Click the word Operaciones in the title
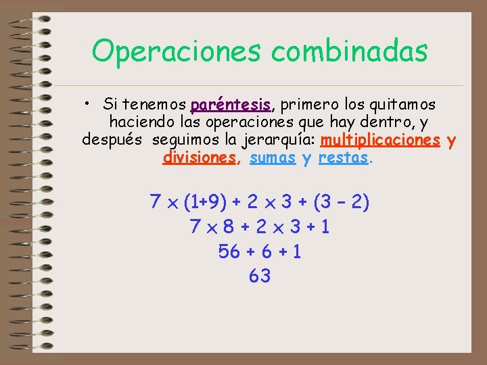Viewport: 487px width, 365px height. click(173, 51)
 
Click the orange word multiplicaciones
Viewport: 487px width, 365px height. click(381, 141)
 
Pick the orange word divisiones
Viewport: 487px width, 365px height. click(200, 158)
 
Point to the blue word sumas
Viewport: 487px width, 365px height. click(273, 158)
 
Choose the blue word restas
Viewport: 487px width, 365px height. click(344, 158)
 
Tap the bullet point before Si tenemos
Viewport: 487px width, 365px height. click(88, 105)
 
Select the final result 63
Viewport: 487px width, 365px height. click(260, 276)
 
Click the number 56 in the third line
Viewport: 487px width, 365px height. click(229, 251)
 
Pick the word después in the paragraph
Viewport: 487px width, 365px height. click(112, 141)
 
